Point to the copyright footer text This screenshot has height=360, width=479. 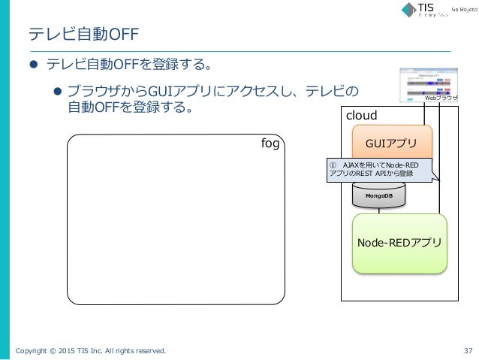89,349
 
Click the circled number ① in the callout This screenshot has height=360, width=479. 334,165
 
